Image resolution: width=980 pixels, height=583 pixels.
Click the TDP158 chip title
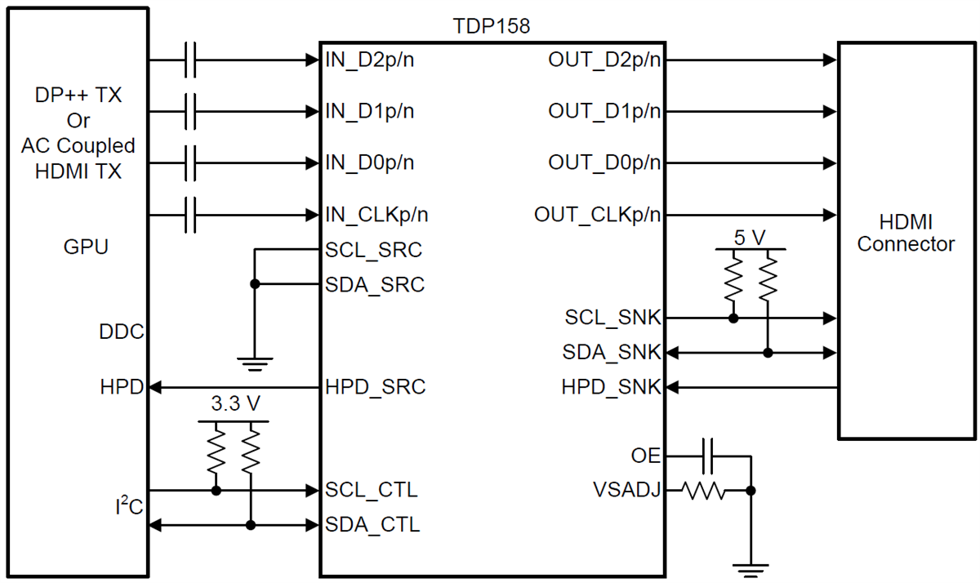(492, 26)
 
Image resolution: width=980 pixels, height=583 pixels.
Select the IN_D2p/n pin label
(369, 60)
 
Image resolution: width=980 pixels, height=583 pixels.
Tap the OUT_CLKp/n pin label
(598, 215)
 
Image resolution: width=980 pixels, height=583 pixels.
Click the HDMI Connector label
(906, 233)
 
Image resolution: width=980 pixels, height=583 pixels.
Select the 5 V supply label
(750, 238)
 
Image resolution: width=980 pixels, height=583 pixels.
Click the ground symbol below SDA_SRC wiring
(255, 363)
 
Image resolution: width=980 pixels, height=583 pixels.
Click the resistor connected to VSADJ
(703, 491)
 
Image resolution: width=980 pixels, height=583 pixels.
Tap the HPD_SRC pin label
(375, 387)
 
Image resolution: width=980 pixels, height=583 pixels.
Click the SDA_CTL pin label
(372, 525)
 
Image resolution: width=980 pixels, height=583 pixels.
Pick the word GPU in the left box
(86, 247)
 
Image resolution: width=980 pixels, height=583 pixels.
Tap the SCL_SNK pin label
(612, 317)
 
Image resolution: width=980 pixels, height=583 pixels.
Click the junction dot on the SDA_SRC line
(255, 284)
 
